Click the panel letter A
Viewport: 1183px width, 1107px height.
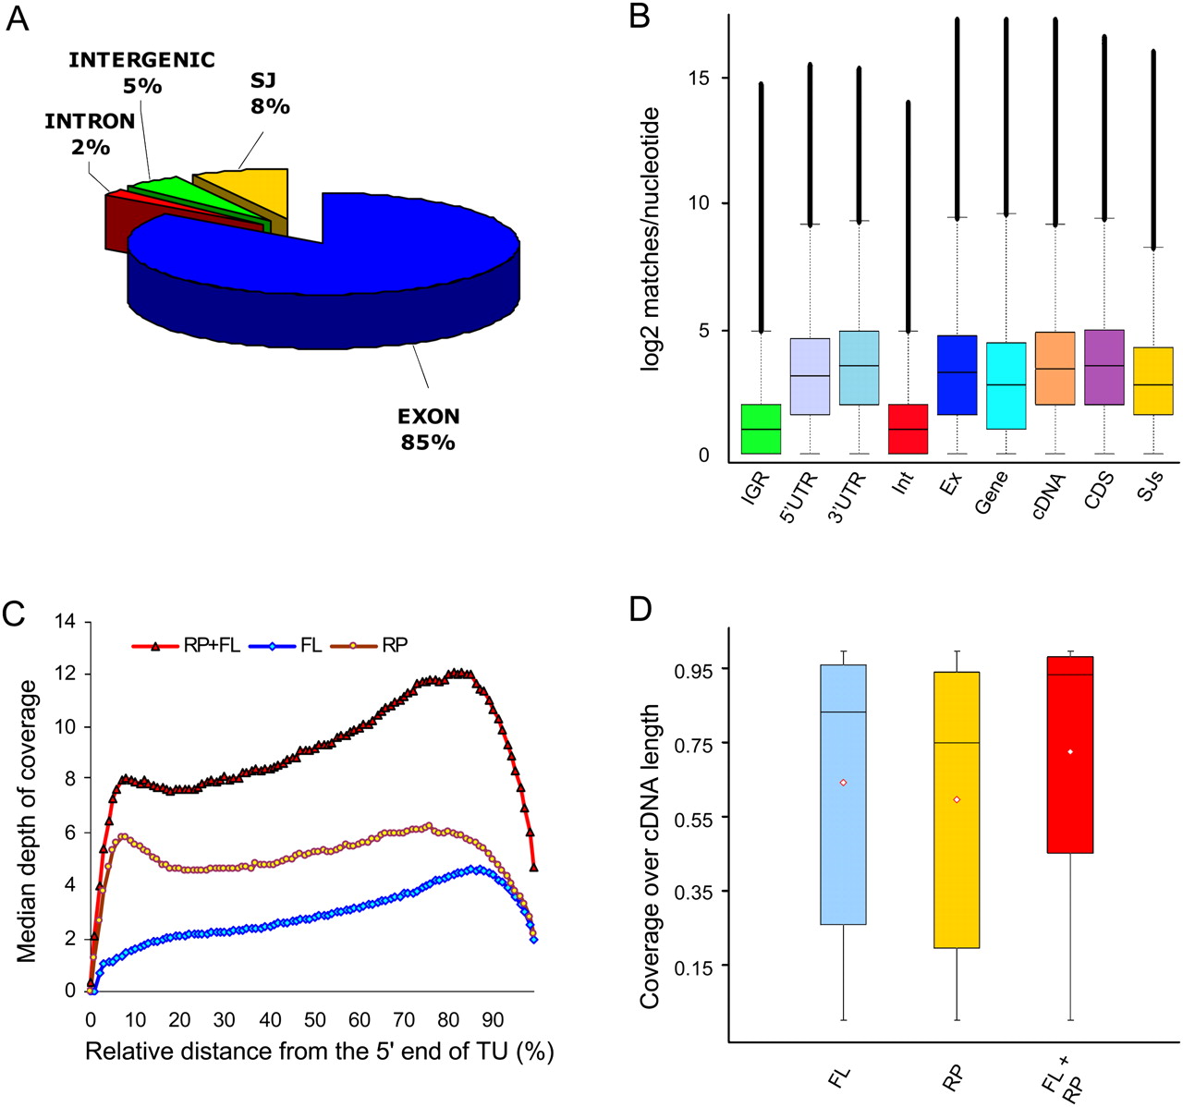[18, 19]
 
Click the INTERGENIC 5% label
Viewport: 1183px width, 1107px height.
[141, 72]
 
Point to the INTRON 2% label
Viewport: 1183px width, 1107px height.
[90, 134]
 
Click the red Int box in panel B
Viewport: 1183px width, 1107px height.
[908, 429]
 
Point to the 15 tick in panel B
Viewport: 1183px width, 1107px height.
[700, 78]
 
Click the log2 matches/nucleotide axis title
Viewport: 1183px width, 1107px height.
[651, 239]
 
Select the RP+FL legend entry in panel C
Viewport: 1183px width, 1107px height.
[188, 646]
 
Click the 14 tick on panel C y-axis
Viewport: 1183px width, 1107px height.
[66, 621]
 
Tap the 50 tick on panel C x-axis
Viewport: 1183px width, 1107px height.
[315, 1019]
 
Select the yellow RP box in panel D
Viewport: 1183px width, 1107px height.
[957, 809]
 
